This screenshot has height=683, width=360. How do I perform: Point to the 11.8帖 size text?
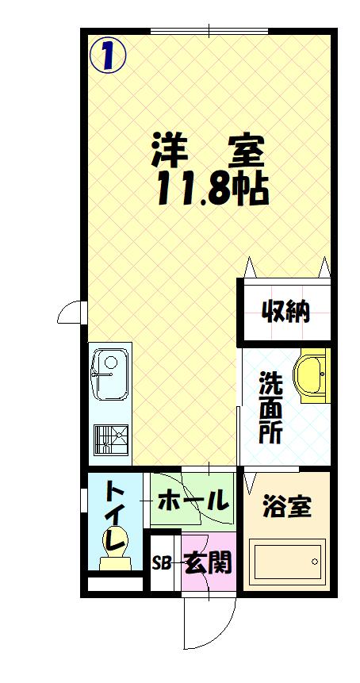209,188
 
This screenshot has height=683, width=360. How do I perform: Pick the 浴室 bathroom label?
286,505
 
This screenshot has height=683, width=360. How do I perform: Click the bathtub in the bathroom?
287,562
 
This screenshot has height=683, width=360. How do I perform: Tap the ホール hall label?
193,501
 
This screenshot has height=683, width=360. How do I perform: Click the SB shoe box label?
162,564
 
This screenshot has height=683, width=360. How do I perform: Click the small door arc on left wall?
70,314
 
